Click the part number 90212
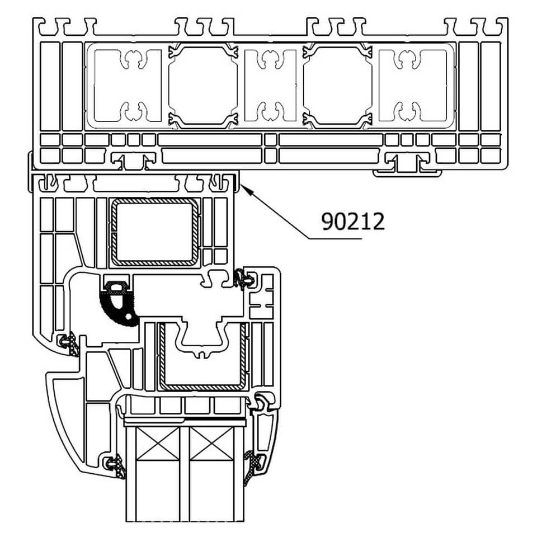[353, 222]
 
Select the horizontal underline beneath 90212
[335, 238]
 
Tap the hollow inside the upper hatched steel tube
[154, 232]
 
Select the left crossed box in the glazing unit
[158, 444]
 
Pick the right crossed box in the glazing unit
[211, 444]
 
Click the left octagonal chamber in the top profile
[203, 86]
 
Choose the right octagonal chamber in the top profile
[337, 86]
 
